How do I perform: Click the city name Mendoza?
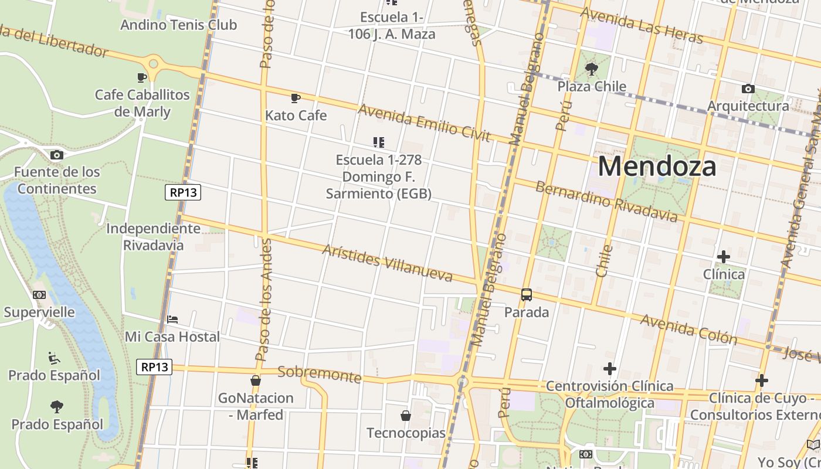[657, 166]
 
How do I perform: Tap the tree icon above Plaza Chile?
[592, 69]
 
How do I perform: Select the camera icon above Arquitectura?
[748, 89]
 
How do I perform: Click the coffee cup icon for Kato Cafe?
[296, 98]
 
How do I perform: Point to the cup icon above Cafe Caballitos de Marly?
[142, 77]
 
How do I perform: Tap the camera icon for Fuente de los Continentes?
[57, 155]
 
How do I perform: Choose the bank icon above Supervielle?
[39, 295]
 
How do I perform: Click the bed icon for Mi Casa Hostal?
[172, 320]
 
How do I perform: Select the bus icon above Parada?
[527, 295]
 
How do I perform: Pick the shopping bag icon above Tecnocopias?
[406, 416]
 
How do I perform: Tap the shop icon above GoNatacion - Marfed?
[256, 381]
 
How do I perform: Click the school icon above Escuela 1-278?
[379, 142]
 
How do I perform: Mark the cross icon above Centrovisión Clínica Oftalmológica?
[610, 369]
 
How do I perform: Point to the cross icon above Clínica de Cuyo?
[762, 380]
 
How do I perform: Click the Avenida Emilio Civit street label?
[424, 123]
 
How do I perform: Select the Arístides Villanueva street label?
[388, 263]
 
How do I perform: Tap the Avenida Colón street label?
[688, 329]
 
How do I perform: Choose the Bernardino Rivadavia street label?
[606, 202]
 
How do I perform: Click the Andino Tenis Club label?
[178, 25]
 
